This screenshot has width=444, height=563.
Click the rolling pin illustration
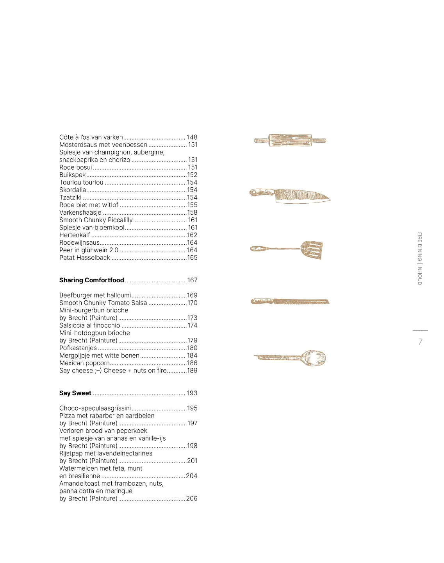[290, 140]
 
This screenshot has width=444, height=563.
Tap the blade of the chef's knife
[301, 196]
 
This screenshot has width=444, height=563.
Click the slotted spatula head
[312, 249]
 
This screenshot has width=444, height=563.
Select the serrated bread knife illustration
[290, 301]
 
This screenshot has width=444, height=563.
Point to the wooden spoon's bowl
[315, 358]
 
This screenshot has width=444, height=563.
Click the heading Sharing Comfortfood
[91, 280]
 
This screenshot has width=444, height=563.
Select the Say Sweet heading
[75, 393]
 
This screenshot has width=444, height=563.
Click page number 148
[192, 137]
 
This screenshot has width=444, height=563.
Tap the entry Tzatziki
[70, 197]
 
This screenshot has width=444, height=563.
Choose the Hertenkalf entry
[75, 235]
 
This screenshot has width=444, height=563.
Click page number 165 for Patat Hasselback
[192, 258]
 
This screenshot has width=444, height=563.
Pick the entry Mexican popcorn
[84, 363]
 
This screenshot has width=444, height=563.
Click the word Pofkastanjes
[78, 348]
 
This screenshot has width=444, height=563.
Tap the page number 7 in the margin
[420, 342]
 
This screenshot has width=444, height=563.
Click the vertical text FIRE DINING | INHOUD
[420, 258]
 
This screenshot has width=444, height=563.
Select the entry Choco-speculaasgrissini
[95, 408]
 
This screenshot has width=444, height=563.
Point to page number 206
[192, 498]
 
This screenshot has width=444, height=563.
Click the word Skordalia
[73, 190]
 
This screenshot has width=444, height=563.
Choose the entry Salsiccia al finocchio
[90, 325]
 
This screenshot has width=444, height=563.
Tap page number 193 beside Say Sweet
[192, 393]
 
